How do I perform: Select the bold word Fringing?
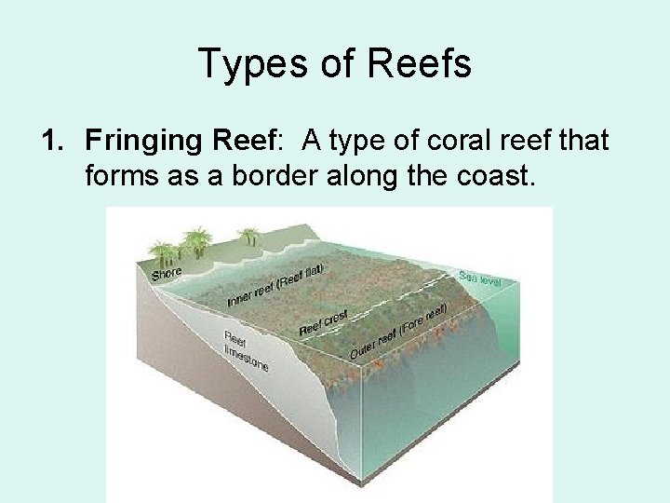pos(145,142)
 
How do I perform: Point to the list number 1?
pos(50,142)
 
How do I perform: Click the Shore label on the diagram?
pos(167,273)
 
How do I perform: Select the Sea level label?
pos(479,278)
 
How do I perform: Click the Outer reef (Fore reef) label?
pos(398,331)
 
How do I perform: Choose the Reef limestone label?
pos(246,350)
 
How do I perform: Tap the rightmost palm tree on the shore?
pos(248,236)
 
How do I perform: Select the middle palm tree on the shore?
pos(197,240)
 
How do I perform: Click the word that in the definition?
pos(579,142)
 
